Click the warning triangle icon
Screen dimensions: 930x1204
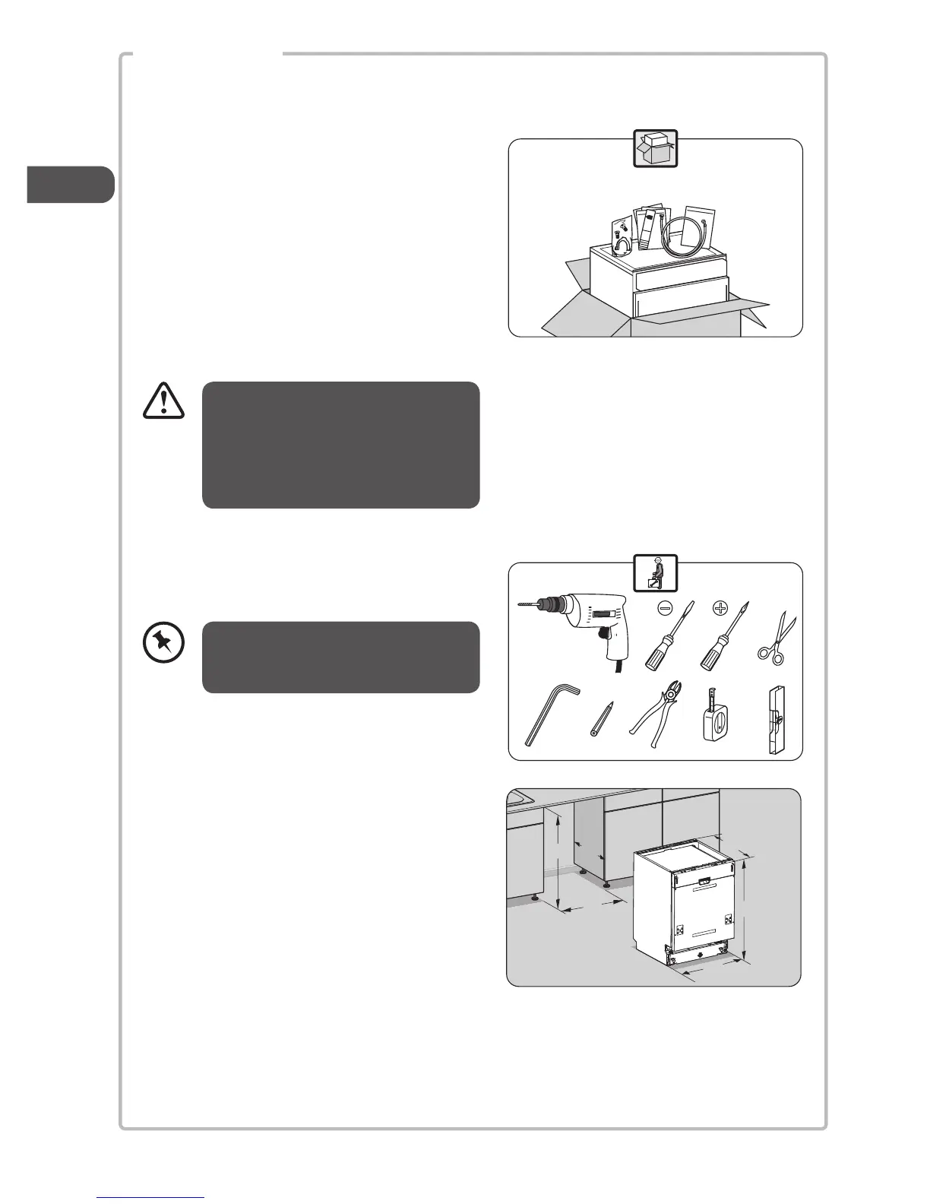163,400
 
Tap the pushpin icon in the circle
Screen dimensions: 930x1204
163,645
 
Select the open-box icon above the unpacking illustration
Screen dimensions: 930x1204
655,148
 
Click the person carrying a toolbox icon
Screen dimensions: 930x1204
655,572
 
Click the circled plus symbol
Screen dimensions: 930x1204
720,609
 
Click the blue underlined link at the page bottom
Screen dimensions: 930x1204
151,1197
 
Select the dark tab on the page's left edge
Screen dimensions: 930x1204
70,185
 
